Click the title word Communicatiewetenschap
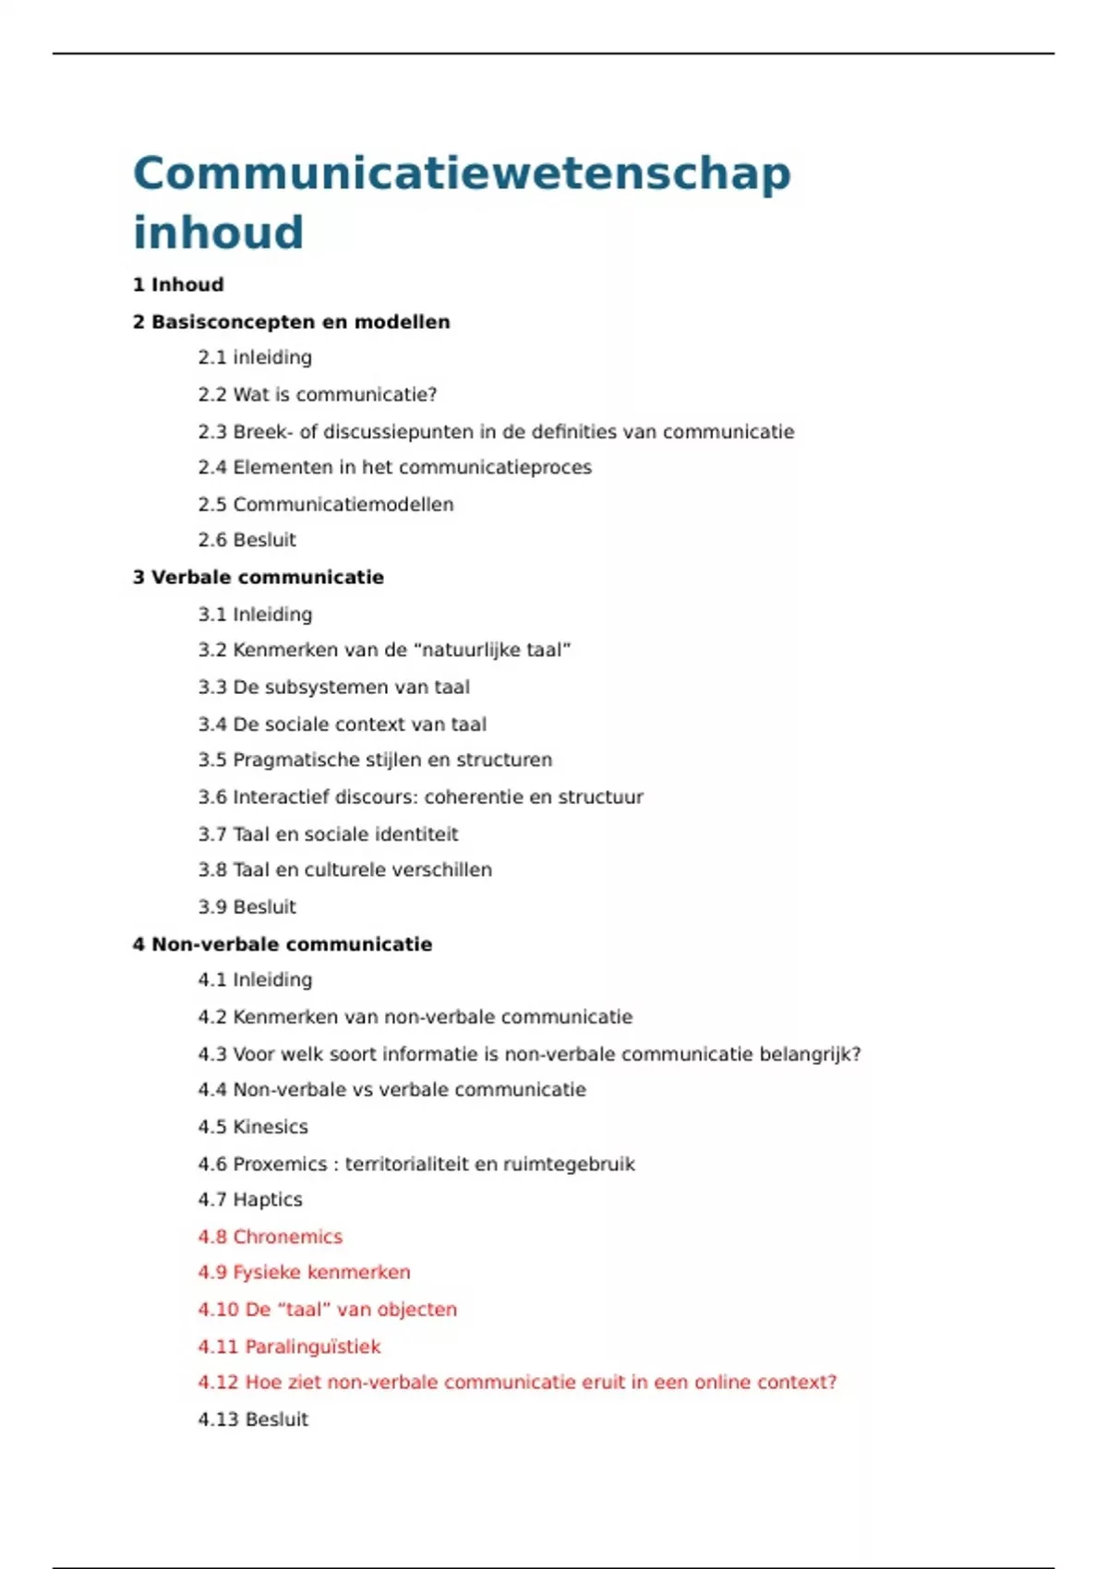pyautogui.click(x=462, y=174)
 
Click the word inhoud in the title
pyautogui.click(x=218, y=232)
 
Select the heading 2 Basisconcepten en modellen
pyautogui.click(x=291, y=322)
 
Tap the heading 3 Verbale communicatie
pyautogui.click(x=258, y=578)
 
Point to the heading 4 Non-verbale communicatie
pyautogui.click(x=282, y=944)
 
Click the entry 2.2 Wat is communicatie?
pyautogui.click(x=317, y=395)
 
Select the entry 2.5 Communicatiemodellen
pyautogui.click(x=325, y=505)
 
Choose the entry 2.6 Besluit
pyautogui.click(x=247, y=540)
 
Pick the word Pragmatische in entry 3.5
pyautogui.click(x=292, y=761)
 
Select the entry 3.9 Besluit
pyautogui.click(x=247, y=907)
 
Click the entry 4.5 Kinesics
pyautogui.click(x=252, y=1127)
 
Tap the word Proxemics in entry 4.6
pyautogui.click(x=280, y=1165)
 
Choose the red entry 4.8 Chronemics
pyautogui.click(x=270, y=1237)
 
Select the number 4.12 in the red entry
pyautogui.click(x=218, y=1383)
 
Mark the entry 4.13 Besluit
pyautogui.click(x=252, y=1419)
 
